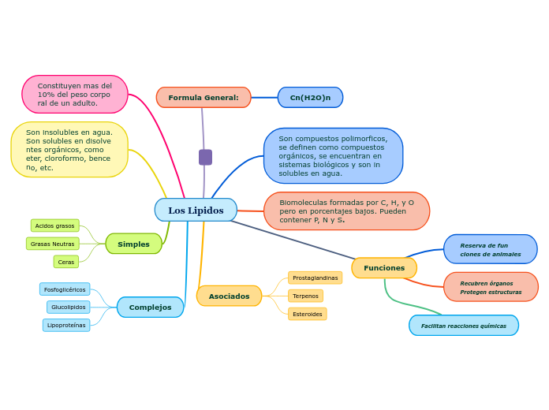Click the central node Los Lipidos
[x=196, y=210]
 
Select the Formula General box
[x=204, y=97]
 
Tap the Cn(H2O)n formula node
[x=310, y=97]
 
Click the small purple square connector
[x=205, y=157]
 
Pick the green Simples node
[x=133, y=244]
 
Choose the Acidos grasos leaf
[x=54, y=225]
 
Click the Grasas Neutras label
[x=52, y=244]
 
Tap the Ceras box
[x=66, y=262]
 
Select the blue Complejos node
[x=150, y=307]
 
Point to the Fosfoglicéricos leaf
[x=65, y=289]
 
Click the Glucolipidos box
[x=68, y=307]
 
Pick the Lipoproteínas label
[x=66, y=325]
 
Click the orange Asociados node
[x=229, y=296]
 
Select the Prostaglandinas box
[x=315, y=278]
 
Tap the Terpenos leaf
[x=305, y=296]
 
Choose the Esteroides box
[x=307, y=314]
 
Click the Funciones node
[x=384, y=267]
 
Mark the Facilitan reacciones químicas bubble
[x=464, y=325]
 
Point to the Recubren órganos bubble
[x=491, y=287]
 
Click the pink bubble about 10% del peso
[x=75, y=95]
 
